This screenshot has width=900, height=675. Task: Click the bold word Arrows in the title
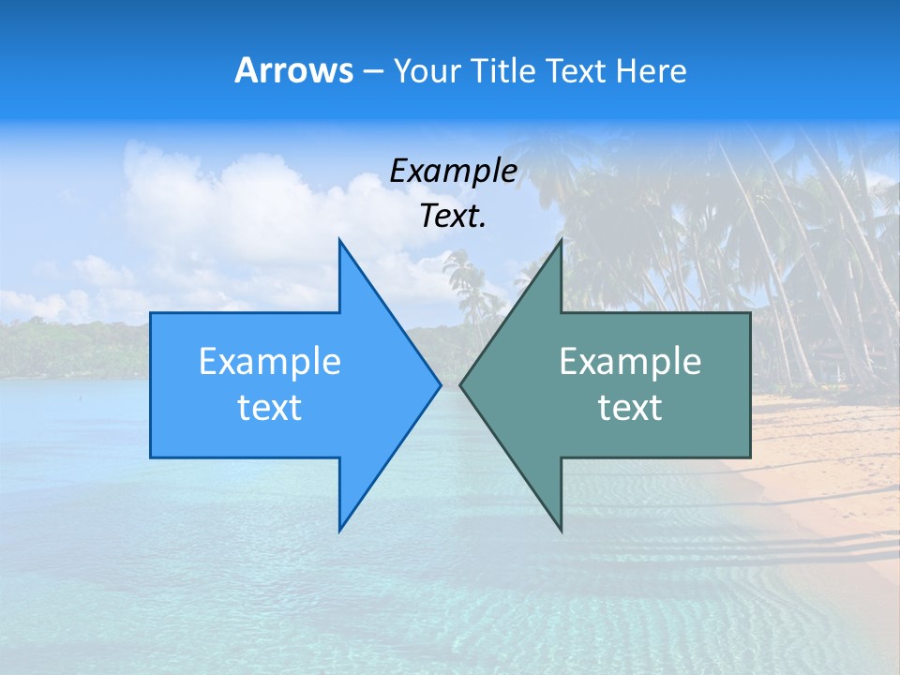[293, 70]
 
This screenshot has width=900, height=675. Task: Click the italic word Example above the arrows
[453, 171]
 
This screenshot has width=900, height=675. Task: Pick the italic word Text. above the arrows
[453, 216]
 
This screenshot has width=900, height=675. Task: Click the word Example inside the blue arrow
[269, 362]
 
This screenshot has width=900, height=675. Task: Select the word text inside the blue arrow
[269, 408]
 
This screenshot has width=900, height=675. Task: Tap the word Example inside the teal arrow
[630, 362]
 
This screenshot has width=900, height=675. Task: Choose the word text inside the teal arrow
[630, 408]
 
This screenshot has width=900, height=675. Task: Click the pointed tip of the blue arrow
[440, 384]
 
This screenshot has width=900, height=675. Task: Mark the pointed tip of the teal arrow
[461, 384]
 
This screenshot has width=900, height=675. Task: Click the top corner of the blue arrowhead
[339, 240]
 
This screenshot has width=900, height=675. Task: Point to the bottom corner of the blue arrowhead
[339, 530]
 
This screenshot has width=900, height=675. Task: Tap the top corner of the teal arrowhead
[561, 240]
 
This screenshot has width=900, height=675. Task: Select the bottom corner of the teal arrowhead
[561, 530]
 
